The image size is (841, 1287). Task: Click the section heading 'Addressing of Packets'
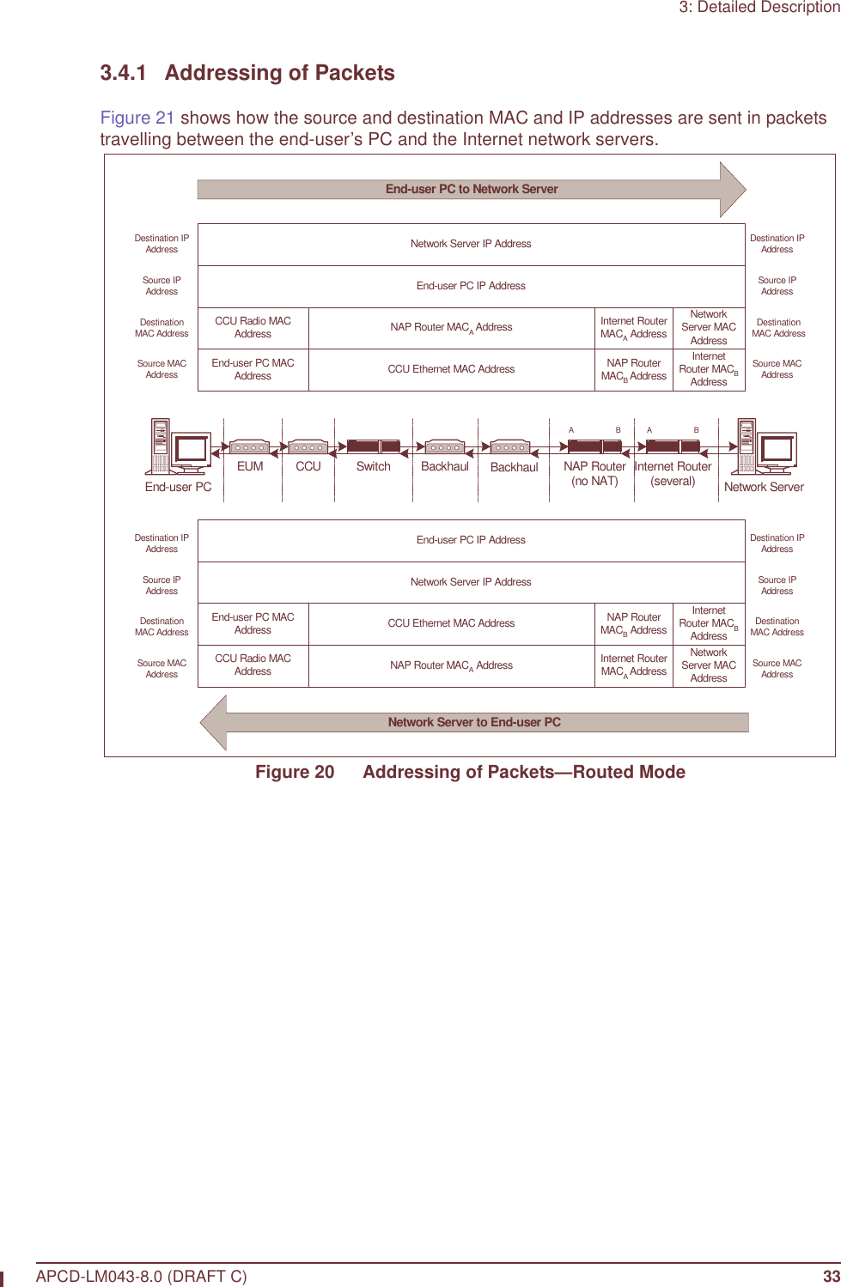pos(279,73)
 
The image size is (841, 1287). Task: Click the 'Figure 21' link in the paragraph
pos(137,118)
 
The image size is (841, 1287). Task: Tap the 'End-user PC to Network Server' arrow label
pos(471,189)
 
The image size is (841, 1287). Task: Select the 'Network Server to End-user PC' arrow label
pos(473,722)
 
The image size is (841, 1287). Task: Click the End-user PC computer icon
pos(179,447)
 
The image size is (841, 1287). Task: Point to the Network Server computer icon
pos(765,447)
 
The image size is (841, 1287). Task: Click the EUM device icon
pos(249,447)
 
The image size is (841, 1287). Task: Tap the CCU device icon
pos(308,447)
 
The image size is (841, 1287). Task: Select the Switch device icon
pos(373,446)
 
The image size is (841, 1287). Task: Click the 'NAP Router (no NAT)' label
pos(594,474)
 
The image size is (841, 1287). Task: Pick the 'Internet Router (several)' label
pos(673,474)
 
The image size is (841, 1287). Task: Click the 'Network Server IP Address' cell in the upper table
pos(471,244)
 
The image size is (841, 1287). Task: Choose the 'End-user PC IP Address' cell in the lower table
pos(471,540)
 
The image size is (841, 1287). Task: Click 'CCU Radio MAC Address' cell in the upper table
pos(253,327)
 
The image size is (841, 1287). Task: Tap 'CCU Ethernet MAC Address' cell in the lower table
pos(451,623)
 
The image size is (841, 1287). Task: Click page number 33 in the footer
pos(831,1276)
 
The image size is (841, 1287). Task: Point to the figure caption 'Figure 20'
pos(295,772)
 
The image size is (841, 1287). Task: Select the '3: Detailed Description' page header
pos(759,8)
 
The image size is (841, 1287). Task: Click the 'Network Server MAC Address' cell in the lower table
pos(708,665)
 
